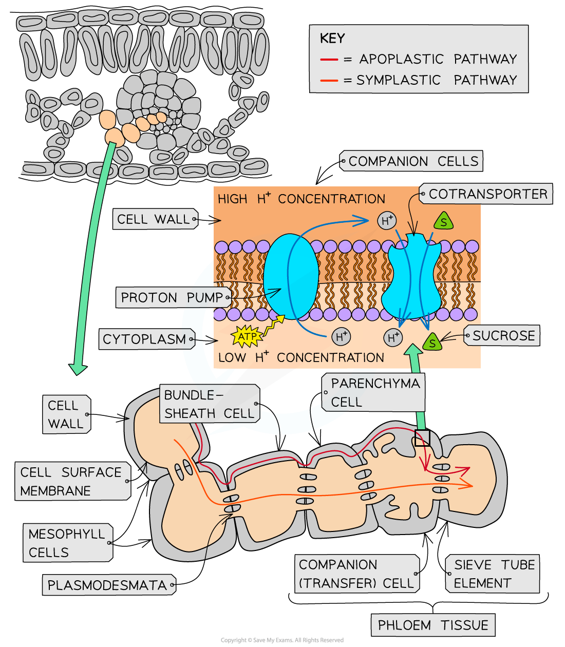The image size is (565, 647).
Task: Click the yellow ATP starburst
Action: (x=248, y=337)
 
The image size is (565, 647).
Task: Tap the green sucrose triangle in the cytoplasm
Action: (x=432, y=342)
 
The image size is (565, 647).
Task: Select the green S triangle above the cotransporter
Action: (x=443, y=222)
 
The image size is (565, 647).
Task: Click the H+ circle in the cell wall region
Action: (x=387, y=221)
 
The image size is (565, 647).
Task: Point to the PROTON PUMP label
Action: (x=172, y=298)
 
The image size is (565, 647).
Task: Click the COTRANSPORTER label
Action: (x=487, y=194)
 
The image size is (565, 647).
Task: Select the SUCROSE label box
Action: (x=503, y=336)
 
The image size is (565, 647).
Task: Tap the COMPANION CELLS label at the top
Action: (x=413, y=161)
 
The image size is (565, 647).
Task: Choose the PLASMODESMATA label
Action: (x=107, y=585)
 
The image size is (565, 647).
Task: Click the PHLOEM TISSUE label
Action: (x=433, y=625)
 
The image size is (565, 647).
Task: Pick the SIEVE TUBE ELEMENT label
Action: (x=493, y=574)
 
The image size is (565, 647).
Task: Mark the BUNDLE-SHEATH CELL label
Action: (x=209, y=404)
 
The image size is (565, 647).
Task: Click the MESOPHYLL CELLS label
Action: (x=67, y=543)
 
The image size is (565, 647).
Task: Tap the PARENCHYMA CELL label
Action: (x=374, y=393)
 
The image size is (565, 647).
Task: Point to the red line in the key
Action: (x=329, y=60)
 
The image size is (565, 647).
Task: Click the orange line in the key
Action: (x=329, y=81)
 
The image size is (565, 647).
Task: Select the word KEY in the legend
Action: (x=332, y=39)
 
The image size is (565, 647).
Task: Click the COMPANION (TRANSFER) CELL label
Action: (x=356, y=574)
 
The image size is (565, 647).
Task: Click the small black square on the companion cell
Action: (x=422, y=438)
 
